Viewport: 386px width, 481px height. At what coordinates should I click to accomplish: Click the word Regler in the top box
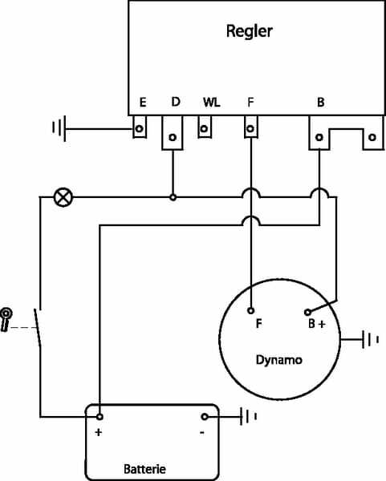249,31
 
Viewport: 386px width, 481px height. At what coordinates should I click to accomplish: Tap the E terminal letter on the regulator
143,102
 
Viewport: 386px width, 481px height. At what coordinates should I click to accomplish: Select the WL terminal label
212,102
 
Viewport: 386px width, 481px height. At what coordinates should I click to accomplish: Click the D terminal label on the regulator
176,102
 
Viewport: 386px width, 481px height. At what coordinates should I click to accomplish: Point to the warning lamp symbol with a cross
63,197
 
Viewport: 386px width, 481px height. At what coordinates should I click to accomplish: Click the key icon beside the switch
6,319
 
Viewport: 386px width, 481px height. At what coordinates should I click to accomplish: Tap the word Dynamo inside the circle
278,360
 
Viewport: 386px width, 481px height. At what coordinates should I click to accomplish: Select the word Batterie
144,469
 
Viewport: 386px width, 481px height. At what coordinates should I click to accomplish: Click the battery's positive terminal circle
100,417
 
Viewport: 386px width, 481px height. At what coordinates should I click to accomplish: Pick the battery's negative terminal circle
204,417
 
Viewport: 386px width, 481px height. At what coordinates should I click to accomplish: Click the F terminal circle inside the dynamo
251,311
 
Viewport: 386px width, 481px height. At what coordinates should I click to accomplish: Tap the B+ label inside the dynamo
317,324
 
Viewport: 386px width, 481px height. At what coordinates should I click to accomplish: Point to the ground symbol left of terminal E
59,128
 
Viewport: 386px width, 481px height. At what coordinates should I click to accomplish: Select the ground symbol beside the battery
248,417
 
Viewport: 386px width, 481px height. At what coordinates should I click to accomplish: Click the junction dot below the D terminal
173,197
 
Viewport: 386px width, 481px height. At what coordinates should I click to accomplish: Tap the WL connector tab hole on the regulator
204,128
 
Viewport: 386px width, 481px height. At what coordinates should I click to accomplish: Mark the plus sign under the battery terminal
99,433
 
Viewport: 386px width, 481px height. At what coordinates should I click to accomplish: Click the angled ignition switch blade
38,327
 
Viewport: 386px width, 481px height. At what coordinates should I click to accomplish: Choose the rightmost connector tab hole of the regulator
372,137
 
